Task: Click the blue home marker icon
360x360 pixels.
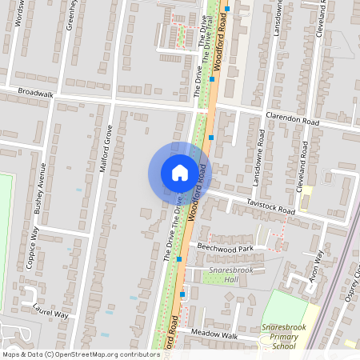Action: [x=179, y=172]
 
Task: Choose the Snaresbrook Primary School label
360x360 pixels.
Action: [x=283, y=336]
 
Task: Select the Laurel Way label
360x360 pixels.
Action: [x=50, y=310]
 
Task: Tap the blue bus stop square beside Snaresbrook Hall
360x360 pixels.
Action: [x=182, y=294]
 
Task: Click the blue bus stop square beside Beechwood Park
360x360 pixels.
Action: [x=179, y=258]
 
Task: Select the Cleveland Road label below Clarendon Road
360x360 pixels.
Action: [x=303, y=165]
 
